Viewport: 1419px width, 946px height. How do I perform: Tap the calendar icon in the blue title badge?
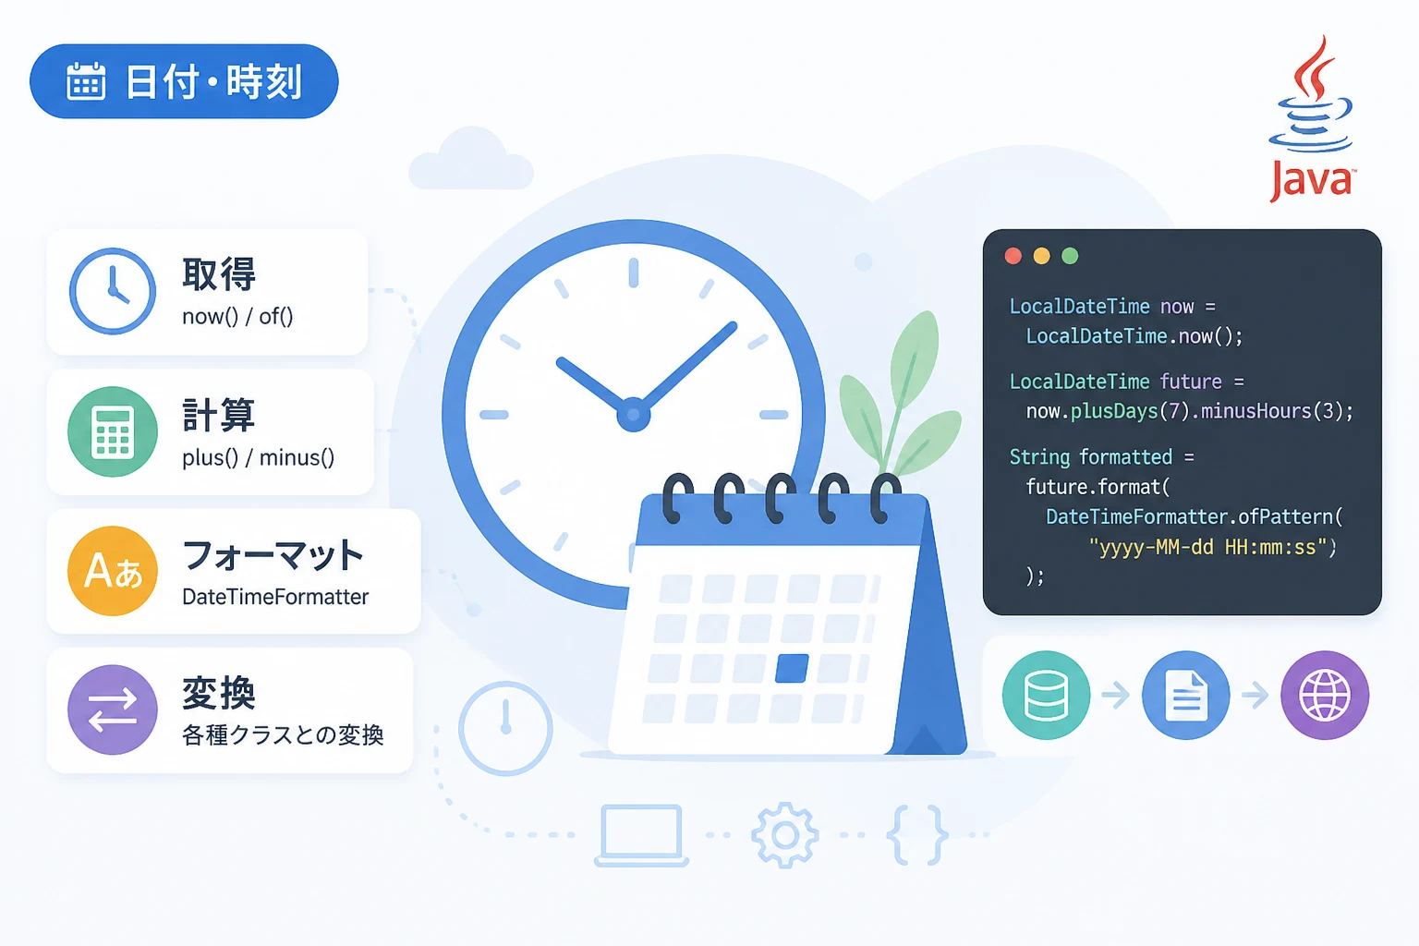click(86, 81)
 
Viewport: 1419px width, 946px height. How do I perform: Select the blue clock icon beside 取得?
click(113, 291)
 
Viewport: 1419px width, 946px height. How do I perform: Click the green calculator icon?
click(113, 431)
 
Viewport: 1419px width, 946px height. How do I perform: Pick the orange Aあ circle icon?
click(113, 571)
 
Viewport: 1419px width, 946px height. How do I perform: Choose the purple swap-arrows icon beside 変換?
click(113, 709)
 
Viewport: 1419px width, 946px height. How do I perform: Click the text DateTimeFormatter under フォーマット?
click(275, 597)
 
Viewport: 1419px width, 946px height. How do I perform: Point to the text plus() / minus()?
click(259, 457)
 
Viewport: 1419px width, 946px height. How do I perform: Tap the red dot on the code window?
click(1013, 256)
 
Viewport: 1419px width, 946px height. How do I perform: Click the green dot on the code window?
click(1070, 256)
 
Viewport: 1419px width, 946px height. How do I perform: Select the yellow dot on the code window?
click(1041, 256)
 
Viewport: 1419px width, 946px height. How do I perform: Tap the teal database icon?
click(1047, 695)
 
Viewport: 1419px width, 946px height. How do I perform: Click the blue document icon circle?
click(1186, 695)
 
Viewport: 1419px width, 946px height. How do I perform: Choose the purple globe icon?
click(1326, 695)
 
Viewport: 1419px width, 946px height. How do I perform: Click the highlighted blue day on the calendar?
click(792, 669)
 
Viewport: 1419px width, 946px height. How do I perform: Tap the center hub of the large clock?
click(633, 415)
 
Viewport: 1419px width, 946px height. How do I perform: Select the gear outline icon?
click(785, 834)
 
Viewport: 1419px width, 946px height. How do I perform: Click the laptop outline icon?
click(641, 835)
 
